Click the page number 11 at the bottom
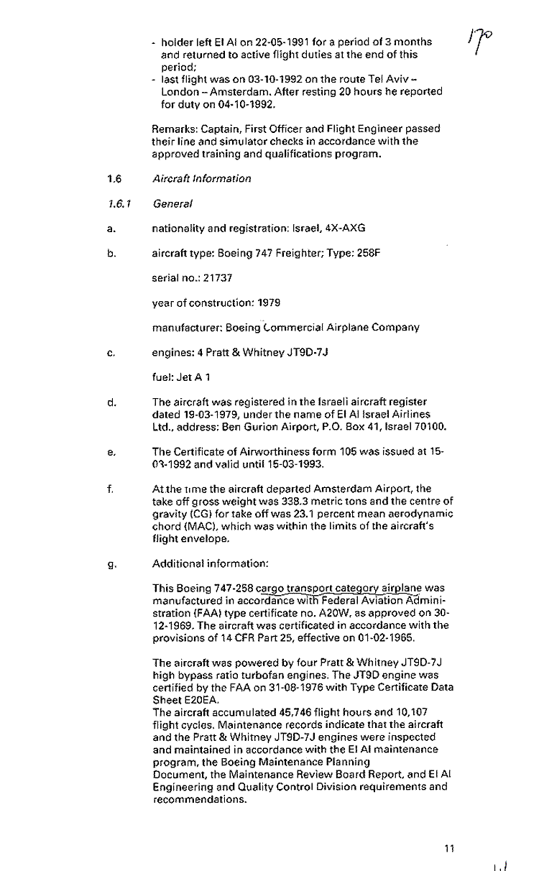click(x=449, y=849)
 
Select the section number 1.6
click(x=113, y=178)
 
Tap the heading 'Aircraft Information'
click(x=201, y=178)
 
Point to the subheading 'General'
click(x=172, y=204)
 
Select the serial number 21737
click(x=218, y=277)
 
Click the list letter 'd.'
click(x=111, y=402)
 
